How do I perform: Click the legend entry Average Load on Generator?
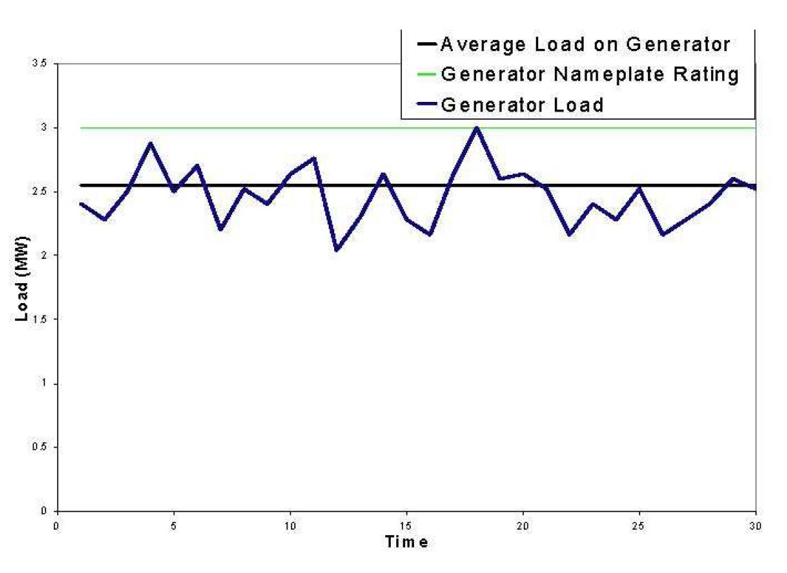pyautogui.click(x=584, y=45)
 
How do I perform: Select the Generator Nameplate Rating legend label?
pyautogui.click(x=590, y=74)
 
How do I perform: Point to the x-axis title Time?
pyautogui.click(x=406, y=542)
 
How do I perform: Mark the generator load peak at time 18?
pyautogui.click(x=476, y=127)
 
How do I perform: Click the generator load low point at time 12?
pyautogui.click(x=336, y=250)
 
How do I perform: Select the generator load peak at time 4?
pyautogui.click(x=150, y=143)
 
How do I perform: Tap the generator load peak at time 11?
pyautogui.click(x=314, y=158)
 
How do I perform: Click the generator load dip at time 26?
pyautogui.click(x=663, y=235)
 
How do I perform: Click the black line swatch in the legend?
pyautogui.click(x=426, y=45)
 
